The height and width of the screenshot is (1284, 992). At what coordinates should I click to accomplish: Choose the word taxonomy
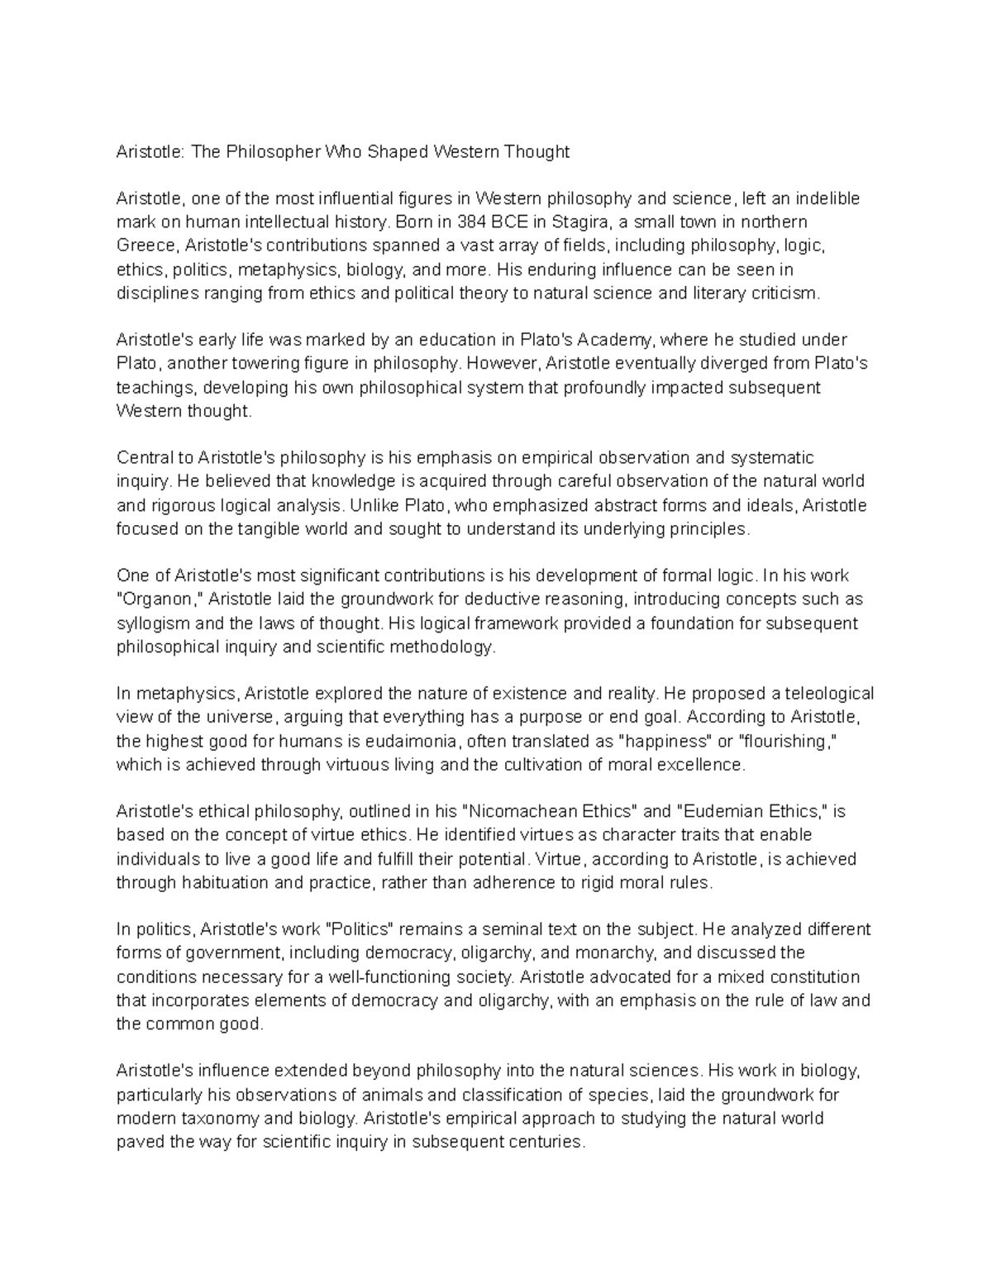click(x=221, y=1119)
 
